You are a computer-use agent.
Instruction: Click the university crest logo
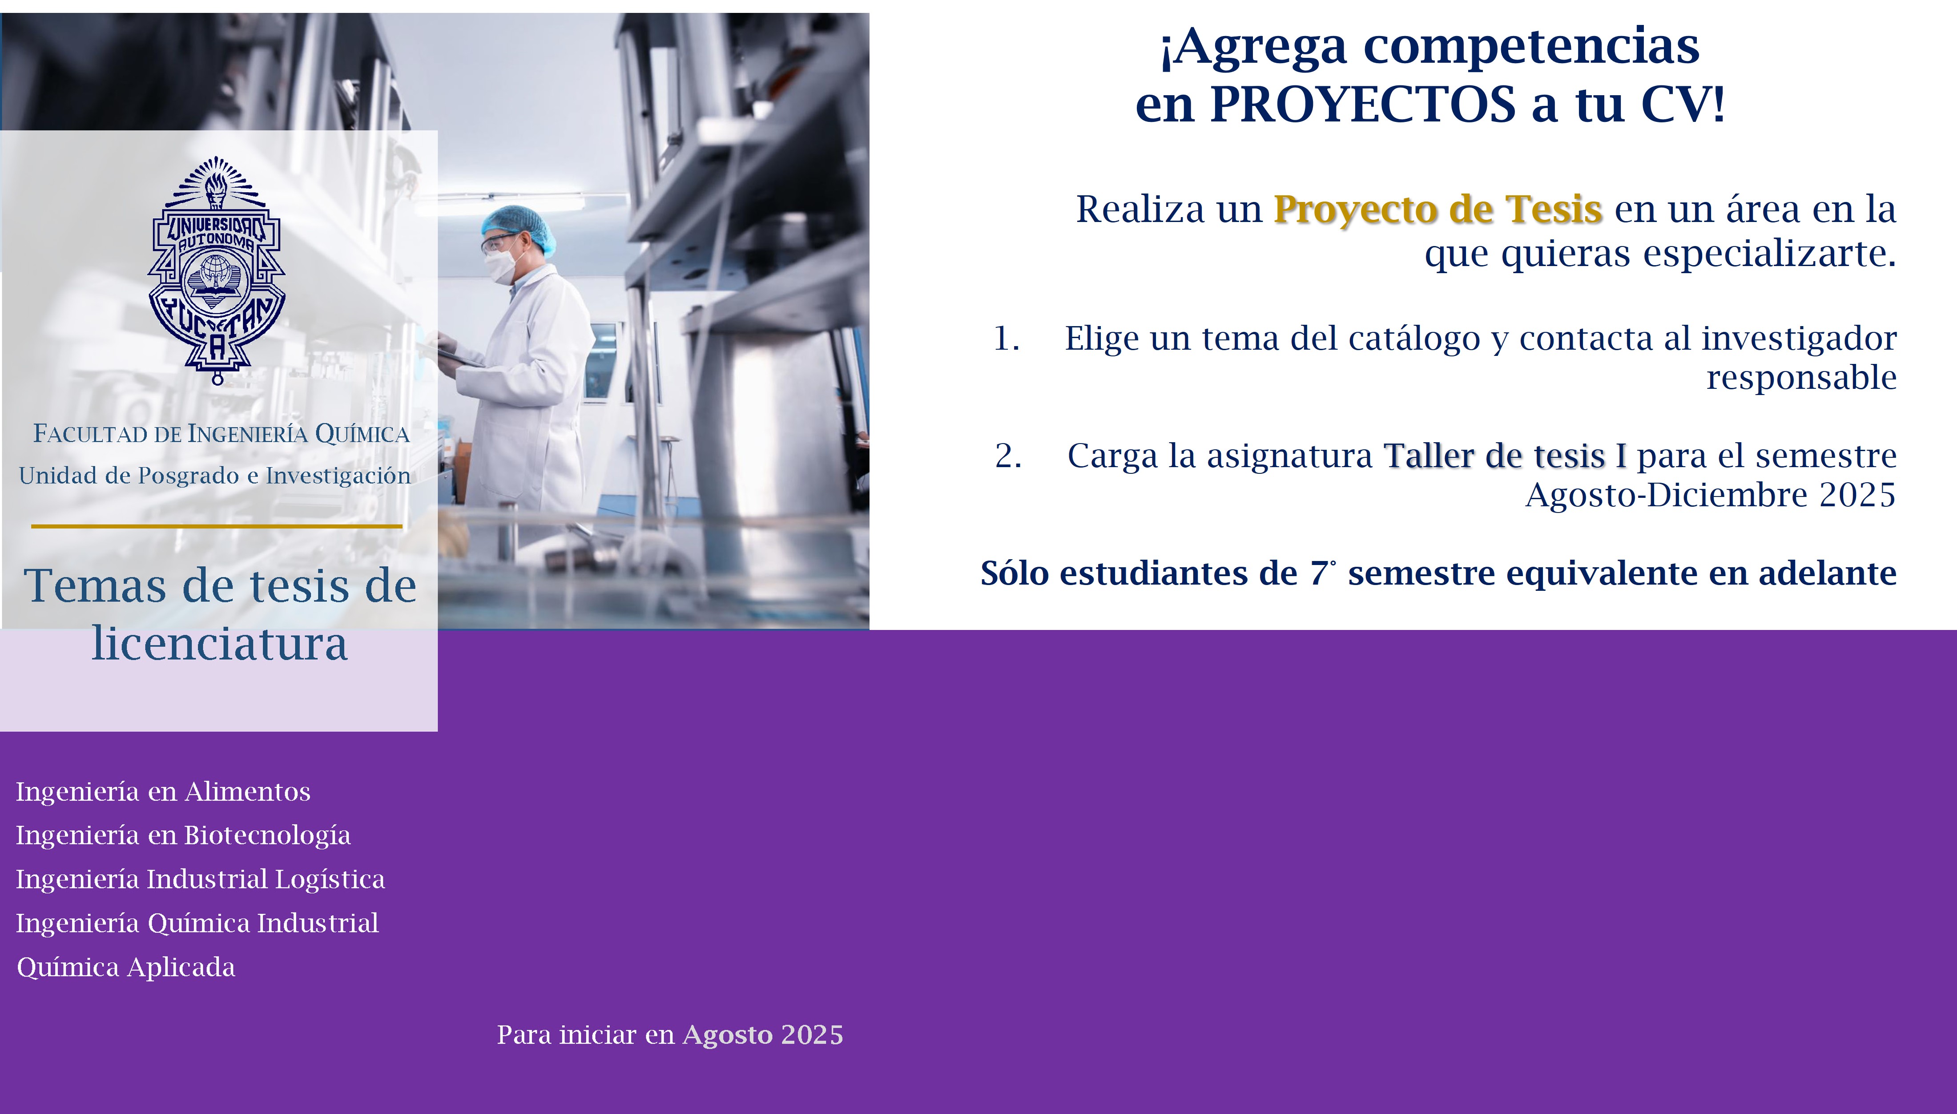(x=217, y=270)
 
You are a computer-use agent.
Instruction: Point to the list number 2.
(x=1008, y=456)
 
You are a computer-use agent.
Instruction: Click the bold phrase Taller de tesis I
(x=1505, y=456)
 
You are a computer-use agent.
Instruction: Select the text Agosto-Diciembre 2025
(x=1711, y=495)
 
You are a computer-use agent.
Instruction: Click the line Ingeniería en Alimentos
(x=163, y=791)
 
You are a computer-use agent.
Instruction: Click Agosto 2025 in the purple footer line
(x=762, y=1034)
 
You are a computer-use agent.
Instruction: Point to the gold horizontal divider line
(x=217, y=526)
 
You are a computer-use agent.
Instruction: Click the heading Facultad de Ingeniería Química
(x=221, y=434)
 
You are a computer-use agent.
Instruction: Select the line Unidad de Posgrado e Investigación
(x=215, y=476)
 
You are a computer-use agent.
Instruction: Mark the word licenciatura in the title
(x=219, y=643)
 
